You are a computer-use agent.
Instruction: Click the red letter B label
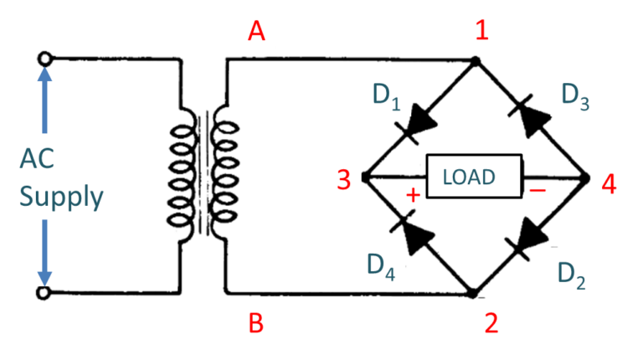pos(256,323)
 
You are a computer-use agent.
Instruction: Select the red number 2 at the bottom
pos(491,323)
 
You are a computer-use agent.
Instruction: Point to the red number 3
pos(342,179)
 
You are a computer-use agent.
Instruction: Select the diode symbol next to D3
pos(529,121)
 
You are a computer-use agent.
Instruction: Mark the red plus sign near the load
pos(412,195)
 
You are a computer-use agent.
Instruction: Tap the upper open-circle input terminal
pos(45,59)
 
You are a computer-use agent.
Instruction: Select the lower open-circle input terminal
pos(45,293)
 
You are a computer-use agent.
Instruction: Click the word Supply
pos(61,198)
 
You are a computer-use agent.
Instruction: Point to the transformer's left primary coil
pos(181,176)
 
